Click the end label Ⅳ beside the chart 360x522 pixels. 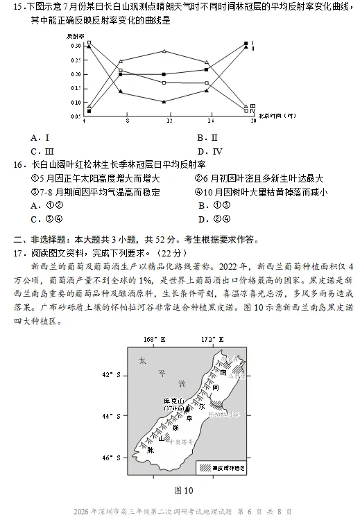[x=253, y=112]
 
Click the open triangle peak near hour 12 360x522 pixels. [x=164, y=51]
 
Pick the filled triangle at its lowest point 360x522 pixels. [x=164, y=102]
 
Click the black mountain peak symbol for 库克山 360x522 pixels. [x=188, y=410]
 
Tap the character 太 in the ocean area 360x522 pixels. [x=142, y=361]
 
